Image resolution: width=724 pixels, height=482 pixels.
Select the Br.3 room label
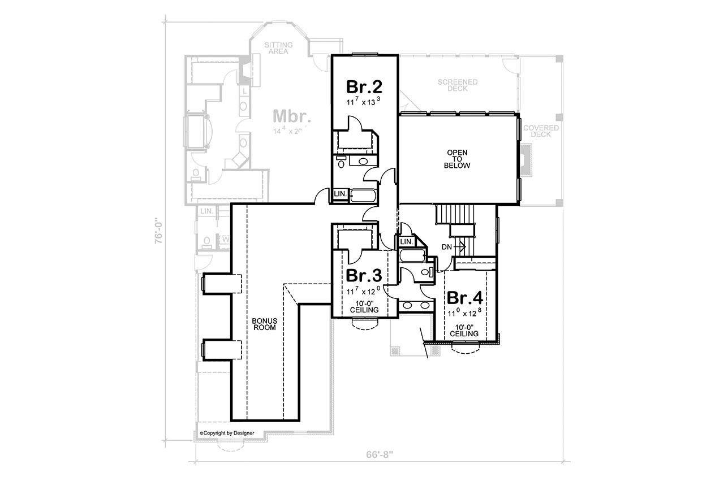click(x=364, y=276)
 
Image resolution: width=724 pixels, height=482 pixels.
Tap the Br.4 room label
click(x=464, y=298)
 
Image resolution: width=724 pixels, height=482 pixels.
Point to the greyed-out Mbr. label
click(x=292, y=116)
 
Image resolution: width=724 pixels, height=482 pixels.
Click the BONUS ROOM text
click(x=264, y=324)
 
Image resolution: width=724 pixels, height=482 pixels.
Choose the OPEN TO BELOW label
click(x=459, y=159)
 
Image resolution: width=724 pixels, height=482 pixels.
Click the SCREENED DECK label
click(x=458, y=85)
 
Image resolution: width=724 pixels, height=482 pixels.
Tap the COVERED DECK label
click(x=541, y=131)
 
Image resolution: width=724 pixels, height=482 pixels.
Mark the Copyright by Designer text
click(x=226, y=433)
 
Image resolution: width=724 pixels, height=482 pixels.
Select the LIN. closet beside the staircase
click(x=406, y=242)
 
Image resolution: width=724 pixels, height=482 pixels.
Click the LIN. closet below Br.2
click(x=340, y=193)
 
